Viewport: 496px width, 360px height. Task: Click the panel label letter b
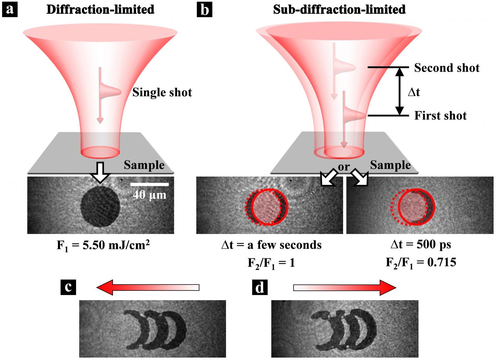tap(205, 9)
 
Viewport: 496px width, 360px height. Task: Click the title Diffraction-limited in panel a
tap(100, 9)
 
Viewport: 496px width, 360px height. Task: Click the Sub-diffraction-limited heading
tap(339, 9)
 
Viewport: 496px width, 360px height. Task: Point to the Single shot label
tap(162, 92)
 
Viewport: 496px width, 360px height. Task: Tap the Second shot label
tap(447, 68)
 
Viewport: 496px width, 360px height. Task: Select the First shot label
tap(440, 115)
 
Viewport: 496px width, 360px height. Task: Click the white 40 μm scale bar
tap(149, 184)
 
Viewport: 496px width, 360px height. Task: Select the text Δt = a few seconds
tap(271, 245)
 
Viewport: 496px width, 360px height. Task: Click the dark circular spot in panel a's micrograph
tap(100, 207)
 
